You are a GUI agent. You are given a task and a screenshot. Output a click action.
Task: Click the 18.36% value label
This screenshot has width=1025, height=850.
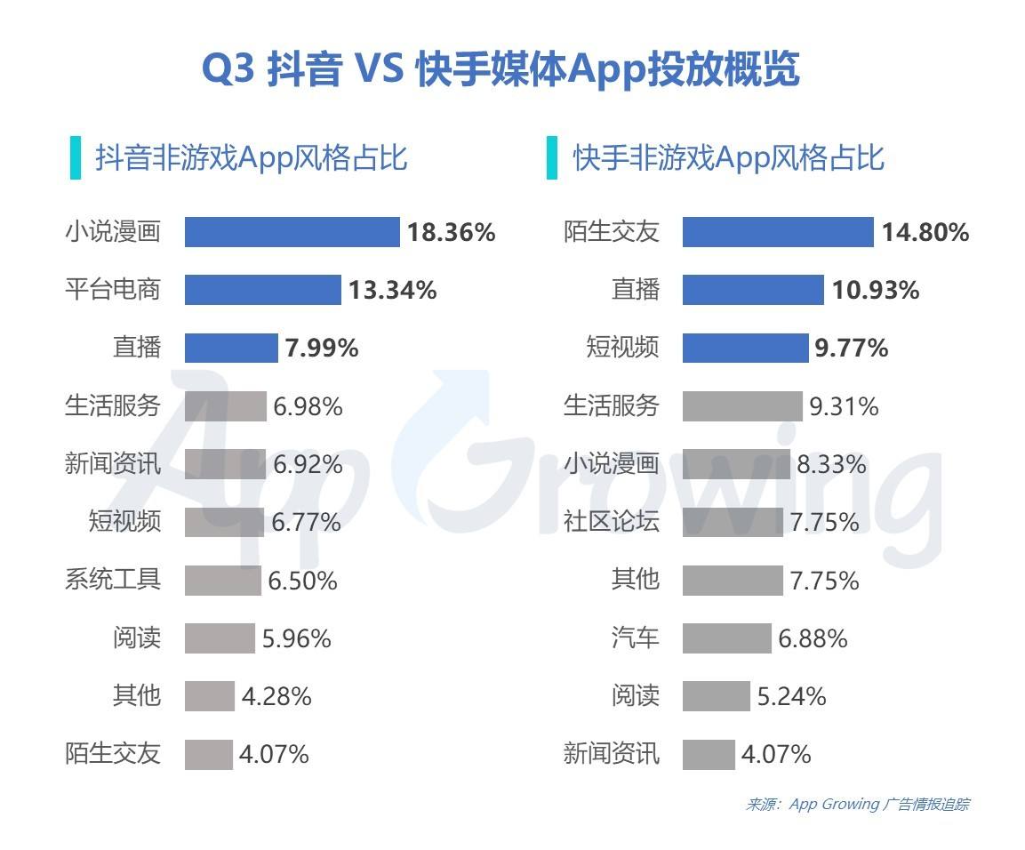click(451, 233)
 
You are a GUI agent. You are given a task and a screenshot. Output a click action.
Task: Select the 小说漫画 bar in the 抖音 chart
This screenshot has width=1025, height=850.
click(292, 232)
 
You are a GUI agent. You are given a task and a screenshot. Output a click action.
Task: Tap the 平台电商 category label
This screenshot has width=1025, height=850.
click(113, 290)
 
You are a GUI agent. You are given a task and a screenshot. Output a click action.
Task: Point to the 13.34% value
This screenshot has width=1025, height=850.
click(392, 290)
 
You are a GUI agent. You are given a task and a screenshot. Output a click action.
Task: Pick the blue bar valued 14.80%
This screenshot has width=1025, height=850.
click(778, 232)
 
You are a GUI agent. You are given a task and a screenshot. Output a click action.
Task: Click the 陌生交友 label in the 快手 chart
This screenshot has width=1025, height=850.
click(612, 233)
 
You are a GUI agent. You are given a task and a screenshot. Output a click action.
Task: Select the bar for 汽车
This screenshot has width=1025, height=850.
click(726, 638)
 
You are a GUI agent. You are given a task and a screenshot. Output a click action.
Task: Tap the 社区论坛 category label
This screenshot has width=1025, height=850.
click(612, 522)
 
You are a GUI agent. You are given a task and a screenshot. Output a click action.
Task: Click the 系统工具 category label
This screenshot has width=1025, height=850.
click(113, 580)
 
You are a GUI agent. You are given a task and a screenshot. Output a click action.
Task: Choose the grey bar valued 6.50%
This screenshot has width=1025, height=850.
click(222, 581)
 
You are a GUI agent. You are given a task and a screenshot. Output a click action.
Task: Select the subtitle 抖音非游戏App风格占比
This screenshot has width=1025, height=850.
click(252, 158)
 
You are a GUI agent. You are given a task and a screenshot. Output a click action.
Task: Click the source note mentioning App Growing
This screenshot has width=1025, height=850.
click(857, 805)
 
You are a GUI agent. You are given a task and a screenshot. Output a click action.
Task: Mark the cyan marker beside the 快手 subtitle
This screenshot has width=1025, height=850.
click(552, 158)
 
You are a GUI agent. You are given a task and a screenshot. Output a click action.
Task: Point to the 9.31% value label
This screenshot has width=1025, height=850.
click(844, 407)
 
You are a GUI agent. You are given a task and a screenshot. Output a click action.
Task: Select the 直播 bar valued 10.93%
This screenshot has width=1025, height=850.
click(753, 290)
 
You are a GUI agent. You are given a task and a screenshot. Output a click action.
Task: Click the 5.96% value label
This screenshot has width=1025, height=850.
click(296, 638)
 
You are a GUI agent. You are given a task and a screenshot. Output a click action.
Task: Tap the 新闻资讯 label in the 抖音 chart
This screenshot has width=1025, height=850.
click(113, 464)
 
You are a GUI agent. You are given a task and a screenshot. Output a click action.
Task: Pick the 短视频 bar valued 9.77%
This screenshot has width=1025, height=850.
click(745, 348)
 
